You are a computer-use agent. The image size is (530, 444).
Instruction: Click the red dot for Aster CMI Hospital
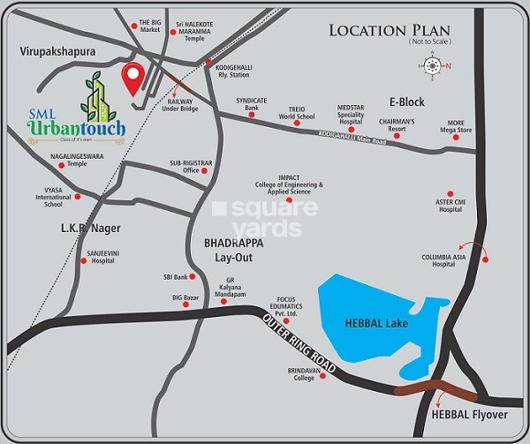click(x=450, y=192)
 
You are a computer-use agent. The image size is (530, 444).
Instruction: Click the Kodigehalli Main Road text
click(x=353, y=137)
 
